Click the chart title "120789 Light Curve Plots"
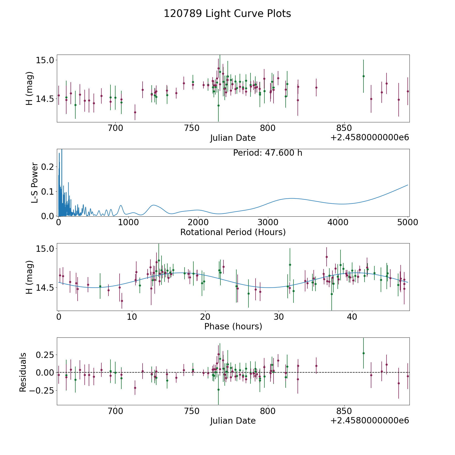227,14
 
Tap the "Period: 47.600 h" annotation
267,153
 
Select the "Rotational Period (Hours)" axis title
233,232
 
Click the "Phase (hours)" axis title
233,326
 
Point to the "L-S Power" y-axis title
35,183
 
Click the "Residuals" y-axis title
23,372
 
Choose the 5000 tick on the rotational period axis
408,222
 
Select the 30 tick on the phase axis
279,317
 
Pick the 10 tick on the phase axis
132,317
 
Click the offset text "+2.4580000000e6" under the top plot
370,138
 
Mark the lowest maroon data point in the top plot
135,112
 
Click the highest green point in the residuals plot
363,353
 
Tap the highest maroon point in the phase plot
327,257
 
